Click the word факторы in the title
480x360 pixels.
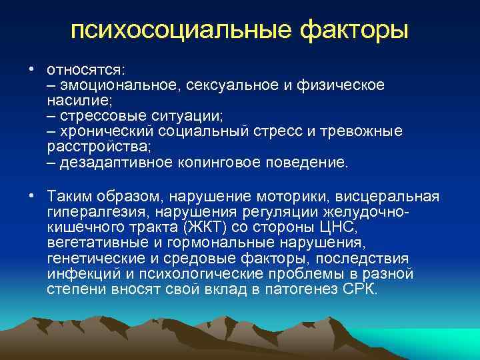click(x=352, y=31)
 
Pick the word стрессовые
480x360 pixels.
click(x=105, y=116)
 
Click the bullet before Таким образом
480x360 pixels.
click(x=31, y=197)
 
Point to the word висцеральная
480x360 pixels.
click(x=387, y=198)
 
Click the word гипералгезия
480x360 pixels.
click(x=97, y=213)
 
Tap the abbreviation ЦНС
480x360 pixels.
click(x=347, y=228)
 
